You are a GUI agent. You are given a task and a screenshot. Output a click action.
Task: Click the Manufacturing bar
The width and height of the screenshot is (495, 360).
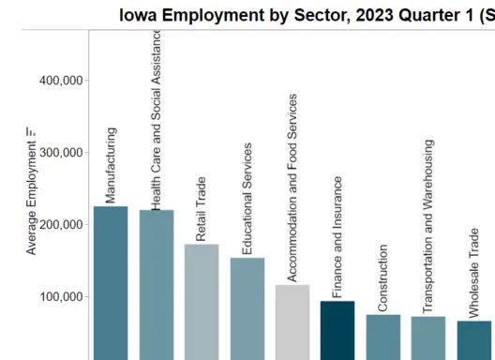pos(111,281)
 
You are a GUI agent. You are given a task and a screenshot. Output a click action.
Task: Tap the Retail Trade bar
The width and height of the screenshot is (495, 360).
pos(202,300)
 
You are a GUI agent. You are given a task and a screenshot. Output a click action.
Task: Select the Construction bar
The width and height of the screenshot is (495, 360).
pos(382,337)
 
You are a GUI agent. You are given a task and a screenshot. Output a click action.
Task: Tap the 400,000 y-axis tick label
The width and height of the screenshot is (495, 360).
pos(61,81)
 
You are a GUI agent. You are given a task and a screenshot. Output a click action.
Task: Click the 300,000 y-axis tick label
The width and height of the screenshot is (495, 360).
pos(61,153)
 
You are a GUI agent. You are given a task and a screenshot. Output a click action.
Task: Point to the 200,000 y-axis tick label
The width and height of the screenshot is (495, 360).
pos(61,225)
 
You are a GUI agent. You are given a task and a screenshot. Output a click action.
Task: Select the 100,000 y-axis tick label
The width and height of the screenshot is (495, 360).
pos(61,297)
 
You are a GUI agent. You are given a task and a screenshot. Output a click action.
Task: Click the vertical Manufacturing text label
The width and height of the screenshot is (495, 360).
pos(111,166)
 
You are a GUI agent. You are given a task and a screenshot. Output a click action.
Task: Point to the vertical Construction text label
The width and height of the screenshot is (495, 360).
pos(382,278)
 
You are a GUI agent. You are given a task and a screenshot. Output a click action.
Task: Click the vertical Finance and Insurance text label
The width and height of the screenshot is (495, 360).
pos(337,237)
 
